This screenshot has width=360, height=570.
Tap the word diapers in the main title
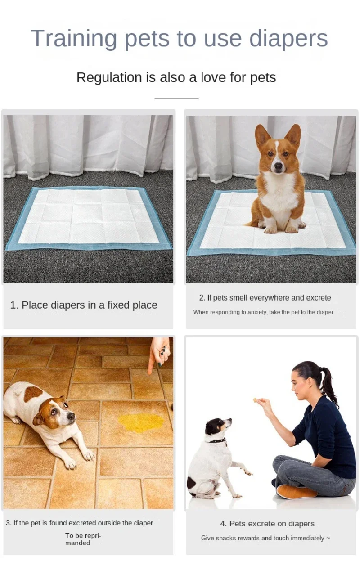pyautogui.click(x=288, y=39)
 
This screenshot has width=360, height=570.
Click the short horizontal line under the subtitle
pyautogui.click(x=176, y=98)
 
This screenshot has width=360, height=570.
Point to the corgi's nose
pyautogui.click(x=279, y=167)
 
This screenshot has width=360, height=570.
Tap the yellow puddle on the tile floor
pyautogui.click(x=141, y=422)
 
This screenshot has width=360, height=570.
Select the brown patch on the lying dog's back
pyautogui.click(x=33, y=393)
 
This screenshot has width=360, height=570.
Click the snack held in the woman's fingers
pyautogui.click(x=256, y=399)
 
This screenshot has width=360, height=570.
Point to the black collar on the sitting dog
pyautogui.click(x=218, y=440)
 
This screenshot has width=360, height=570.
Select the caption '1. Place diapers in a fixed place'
pyautogui.click(x=84, y=305)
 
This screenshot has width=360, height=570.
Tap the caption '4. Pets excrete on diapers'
pyautogui.click(x=267, y=524)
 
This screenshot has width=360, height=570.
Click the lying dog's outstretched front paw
pyautogui.click(x=88, y=455)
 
